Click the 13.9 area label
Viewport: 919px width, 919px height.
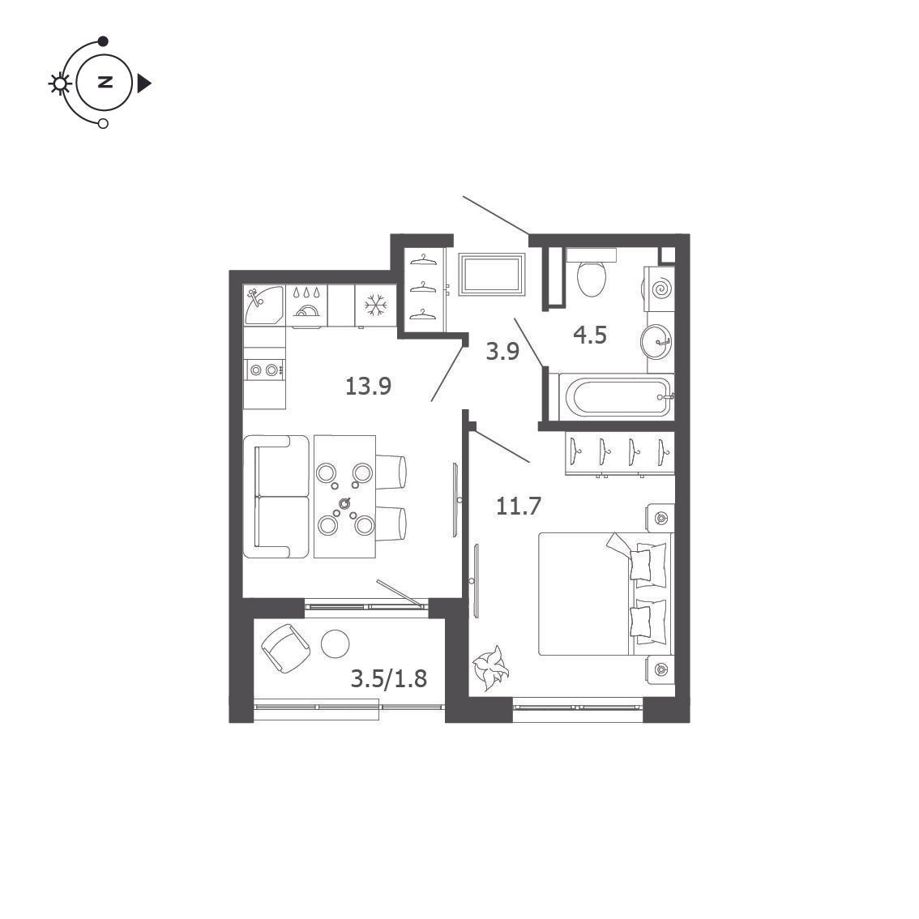coord(368,387)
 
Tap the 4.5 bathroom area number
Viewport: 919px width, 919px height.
coord(590,336)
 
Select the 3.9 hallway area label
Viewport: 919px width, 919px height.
coord(503,351)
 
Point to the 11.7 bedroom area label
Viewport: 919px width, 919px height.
coord(518,506)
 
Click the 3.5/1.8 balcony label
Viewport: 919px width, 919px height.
coord(388,678)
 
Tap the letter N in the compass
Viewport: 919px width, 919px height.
coord(105,82)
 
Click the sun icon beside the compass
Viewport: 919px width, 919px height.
coord(59,83)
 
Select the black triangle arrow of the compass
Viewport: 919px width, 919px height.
coord(144,83)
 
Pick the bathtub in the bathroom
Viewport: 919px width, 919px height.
coord(616,397)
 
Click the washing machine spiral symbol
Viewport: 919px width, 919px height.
coord(660,289)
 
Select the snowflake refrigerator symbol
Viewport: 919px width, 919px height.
coord(376,306)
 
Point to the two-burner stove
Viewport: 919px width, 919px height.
coord(265,370)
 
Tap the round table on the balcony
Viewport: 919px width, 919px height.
coord(336,643)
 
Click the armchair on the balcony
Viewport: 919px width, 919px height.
coord(285,648)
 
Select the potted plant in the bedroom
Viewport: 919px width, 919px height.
coord(490,668)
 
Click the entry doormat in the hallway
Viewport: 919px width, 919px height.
coord(492,273)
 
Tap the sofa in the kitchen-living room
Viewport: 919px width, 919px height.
coord(276,497)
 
